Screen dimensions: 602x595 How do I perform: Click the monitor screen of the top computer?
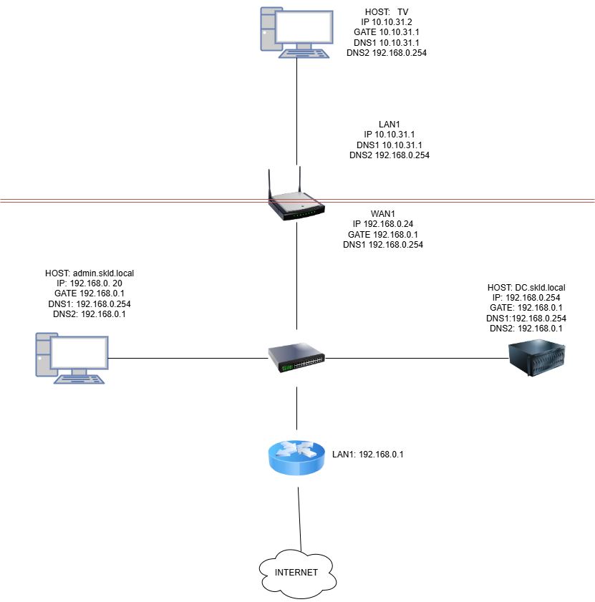pyautogui.click(x=304, y=27)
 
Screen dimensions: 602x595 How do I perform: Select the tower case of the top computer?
pyautogui.click(x=267, y=29)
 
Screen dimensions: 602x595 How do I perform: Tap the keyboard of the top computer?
pyautogui.click(x=304, y=54)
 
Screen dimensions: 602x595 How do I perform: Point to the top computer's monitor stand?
pyautogui.click(x=304, y=47)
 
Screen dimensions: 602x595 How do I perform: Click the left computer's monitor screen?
pyautogui.click(x=79, y=353)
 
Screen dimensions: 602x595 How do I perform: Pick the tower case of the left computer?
pyautogui.click(x=43, y=354)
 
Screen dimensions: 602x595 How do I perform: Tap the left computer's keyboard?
pyautogui.click(x=79, y=379)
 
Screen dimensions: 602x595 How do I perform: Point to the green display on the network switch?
pyautogui.click(x=286, y=368)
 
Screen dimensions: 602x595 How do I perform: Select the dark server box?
pyautogui.click(x=536, y=356)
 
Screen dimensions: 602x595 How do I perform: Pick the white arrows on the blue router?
pyautogui.click(x=296, y=450)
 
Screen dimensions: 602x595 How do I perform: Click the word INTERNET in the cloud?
pyautogui.click(x=296, y=573)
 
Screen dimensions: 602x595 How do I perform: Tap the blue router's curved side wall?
pyautogui.click(x=296, y=467)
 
